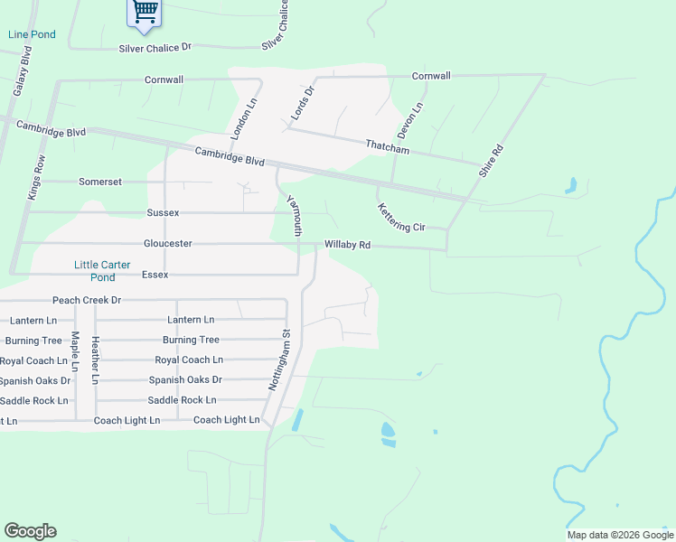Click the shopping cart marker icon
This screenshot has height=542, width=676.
(x=144, y=12)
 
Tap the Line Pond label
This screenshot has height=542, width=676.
(x=32, y=34)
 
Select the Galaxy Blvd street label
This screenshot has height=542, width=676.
(x=23, y=71)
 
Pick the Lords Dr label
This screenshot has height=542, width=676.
(x=301, y=103)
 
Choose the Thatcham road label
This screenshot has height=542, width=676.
(x=387, y=146)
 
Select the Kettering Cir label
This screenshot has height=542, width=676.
(x=400, y=217)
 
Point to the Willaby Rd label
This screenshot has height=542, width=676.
(x=348, y=245)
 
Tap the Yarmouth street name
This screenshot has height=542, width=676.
(x=293, y=216)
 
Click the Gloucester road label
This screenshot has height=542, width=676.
(x=167, y=244)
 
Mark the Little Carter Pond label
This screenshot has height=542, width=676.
(x=102, y=271)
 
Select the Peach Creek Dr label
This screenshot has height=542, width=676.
(x=87, y=300)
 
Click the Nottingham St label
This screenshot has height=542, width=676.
(x=280, y=359)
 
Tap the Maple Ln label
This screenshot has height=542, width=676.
(x=75, y=353)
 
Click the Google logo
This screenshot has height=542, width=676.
(x=30, y=531)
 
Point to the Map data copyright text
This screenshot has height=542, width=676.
(x=619, y=535)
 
